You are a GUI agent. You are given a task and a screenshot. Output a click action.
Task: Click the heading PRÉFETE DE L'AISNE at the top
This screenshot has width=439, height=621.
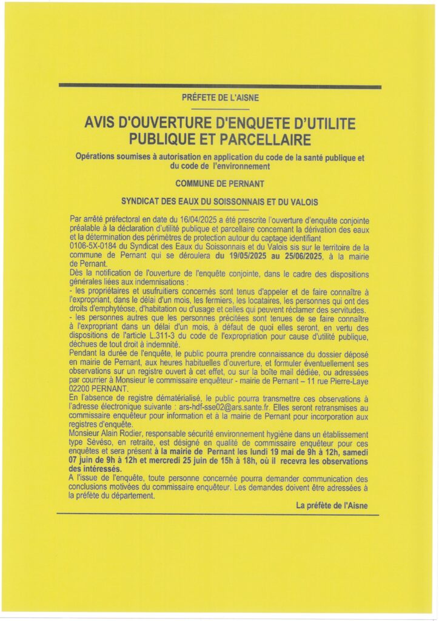click(219, 98)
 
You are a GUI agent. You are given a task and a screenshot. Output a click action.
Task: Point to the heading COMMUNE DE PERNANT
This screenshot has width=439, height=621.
click(219, 183)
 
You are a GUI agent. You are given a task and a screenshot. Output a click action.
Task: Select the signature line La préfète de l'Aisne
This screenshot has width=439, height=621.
click(332, 505)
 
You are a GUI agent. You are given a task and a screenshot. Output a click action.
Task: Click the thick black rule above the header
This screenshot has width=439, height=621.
click(219, 87)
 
